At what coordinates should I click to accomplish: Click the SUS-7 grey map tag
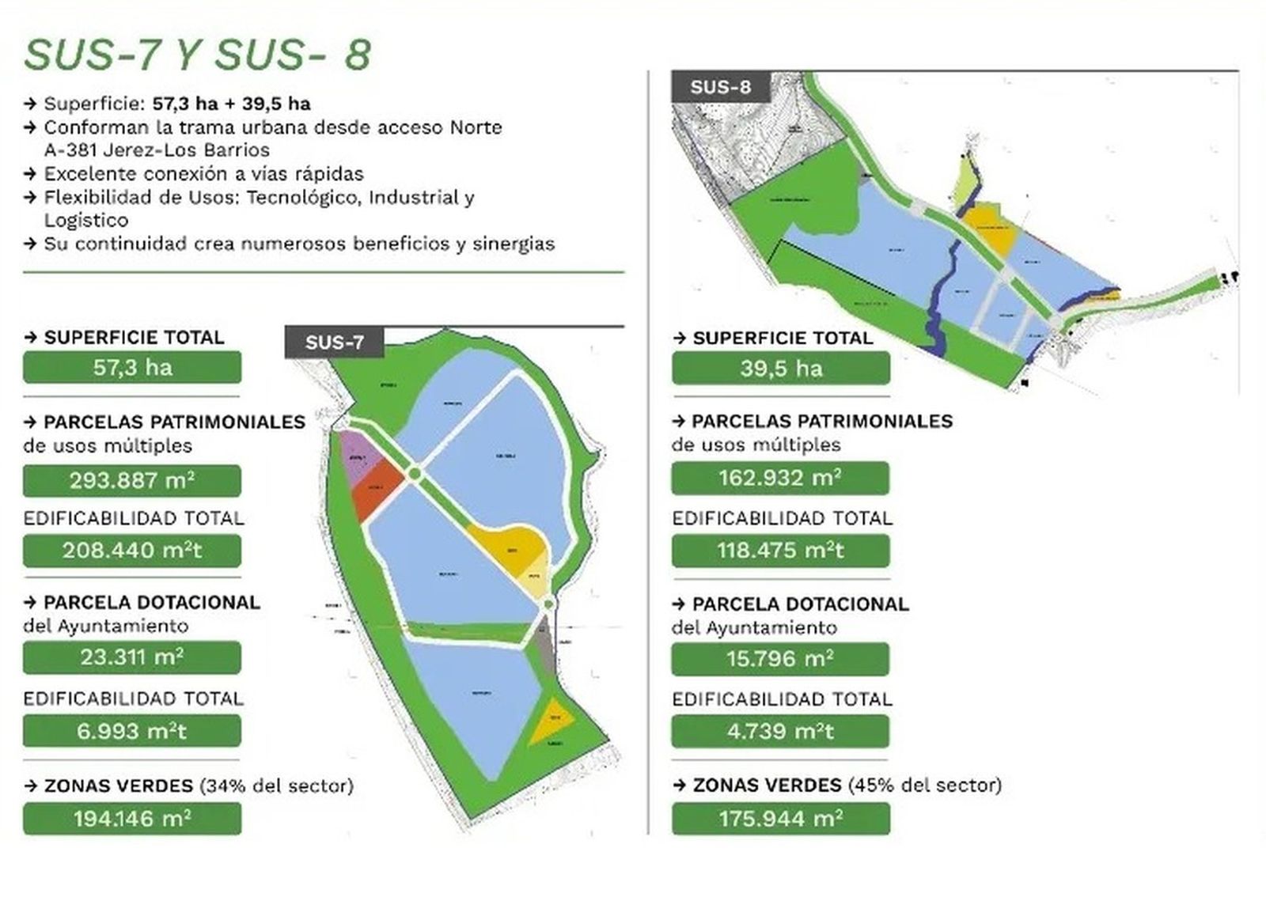coord(335,342)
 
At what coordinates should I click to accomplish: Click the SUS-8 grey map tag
coord(720,86)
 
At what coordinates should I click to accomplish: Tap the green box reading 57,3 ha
coord(132,367)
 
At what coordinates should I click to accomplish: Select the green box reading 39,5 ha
coord(781,368)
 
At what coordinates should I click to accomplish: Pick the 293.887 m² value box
coord(132,480)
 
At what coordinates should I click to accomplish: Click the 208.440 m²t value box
coord(132,551)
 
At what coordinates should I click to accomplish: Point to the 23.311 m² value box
coord(132,657)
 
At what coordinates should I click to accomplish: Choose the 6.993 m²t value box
coord(132,731)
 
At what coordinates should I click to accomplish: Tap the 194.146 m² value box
coord(132,818)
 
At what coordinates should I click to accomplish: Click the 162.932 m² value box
coord(780,478)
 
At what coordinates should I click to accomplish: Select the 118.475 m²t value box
coord(780,551)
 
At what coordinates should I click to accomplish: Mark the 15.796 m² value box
coord(780,658)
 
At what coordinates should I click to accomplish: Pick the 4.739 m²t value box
coord(780,731)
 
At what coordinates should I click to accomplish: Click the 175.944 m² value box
coord(780,818)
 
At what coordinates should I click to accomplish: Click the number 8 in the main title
coord(357,55)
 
